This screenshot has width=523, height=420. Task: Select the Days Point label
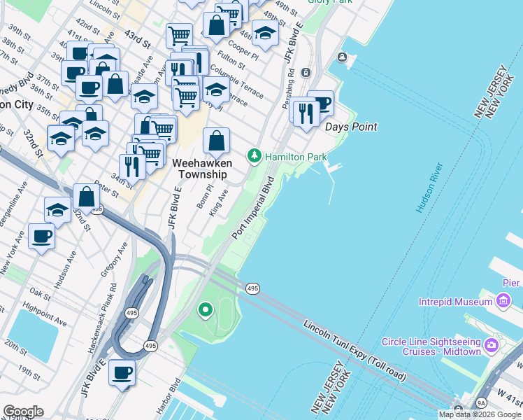pos(351,127)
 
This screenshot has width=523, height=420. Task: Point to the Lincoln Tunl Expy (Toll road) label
pos(354,351)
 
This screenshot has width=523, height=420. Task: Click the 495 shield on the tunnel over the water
pos(252,288)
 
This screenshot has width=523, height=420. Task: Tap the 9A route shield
pos(481,403)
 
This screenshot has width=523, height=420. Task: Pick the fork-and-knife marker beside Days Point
pos(306,113)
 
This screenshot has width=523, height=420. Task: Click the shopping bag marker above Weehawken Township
pos(217,141)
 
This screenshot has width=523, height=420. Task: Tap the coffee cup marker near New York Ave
pos(42,237)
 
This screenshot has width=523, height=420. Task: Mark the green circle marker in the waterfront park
pos(205,309)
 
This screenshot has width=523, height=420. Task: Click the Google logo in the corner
pos(22,412)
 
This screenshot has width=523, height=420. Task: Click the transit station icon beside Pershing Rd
pos(306,73)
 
